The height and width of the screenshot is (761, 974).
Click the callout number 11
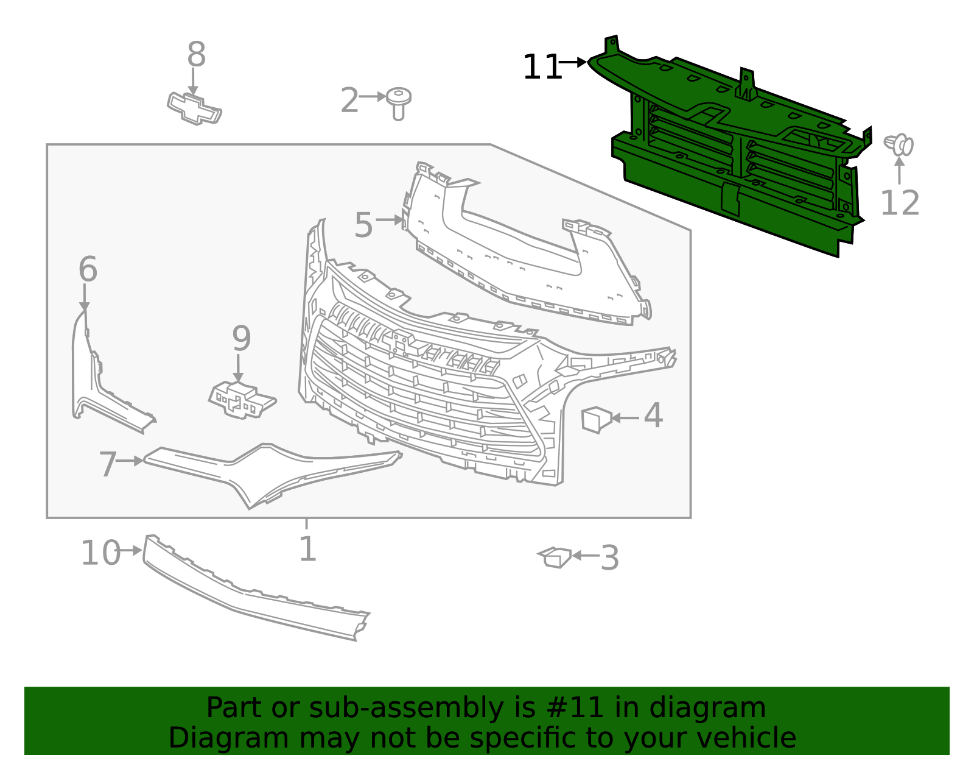coord(541,68)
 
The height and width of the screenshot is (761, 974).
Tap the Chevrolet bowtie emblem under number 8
coord(194,108)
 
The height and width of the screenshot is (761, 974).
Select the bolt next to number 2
coord(398,102)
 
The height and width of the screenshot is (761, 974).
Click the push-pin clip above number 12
coord(899,145)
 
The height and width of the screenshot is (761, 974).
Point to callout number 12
coord(899,203)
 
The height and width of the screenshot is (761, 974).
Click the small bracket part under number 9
coord(242,400)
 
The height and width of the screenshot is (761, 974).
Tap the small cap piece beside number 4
coord(596,419)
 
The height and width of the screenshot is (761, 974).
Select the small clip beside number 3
coord(556,557)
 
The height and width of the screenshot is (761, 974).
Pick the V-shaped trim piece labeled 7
coord(268,472)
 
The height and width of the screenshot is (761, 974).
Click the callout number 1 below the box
coord(307,549)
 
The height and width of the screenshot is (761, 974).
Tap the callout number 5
coord(363,225)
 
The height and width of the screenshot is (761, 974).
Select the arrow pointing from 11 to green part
coord(573,62)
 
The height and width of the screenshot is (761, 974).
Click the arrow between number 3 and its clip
coord(585,555)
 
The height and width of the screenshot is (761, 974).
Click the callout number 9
coord(241,339)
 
